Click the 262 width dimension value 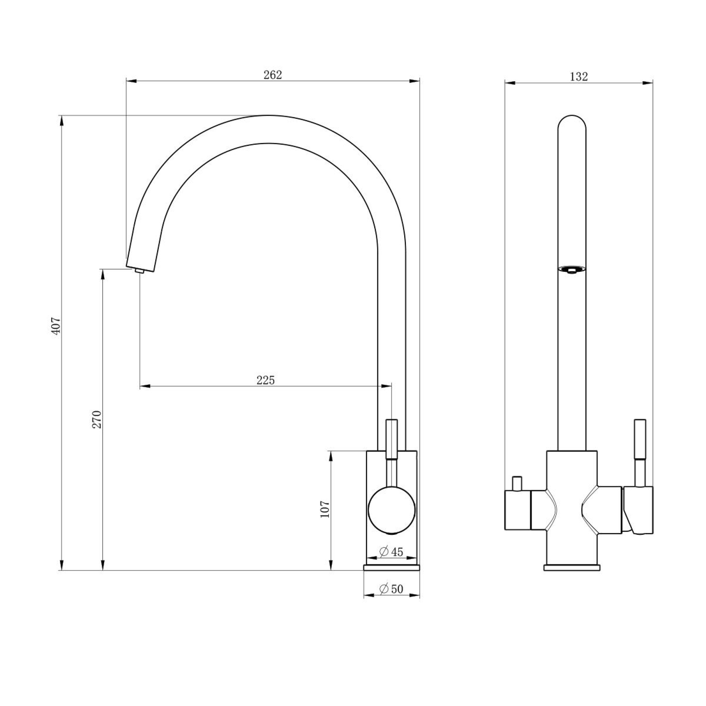coord(273,75)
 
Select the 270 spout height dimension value coord(97,419)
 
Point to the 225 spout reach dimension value coord(265,381)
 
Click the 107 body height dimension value coord(325,509)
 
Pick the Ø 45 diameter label coord(391,551)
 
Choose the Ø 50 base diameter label coord(391,589)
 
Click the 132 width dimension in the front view coord(579,77)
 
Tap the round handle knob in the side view coord(391,510)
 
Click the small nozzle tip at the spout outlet coord(139,271)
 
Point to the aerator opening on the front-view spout coord(572,270)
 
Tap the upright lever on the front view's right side coord(640,438)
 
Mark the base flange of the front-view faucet coord(572,567)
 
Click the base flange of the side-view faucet coord(391,567)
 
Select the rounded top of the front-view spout coord(572,124)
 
